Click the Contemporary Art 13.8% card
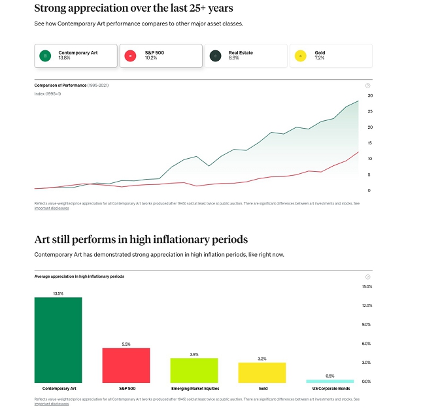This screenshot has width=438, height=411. click(x=75, y=56)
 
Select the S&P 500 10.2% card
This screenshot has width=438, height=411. click(x=161, y=56)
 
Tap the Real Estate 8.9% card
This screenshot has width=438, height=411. click(x=246, y=56)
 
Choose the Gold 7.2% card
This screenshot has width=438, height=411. click(x=331, y=56)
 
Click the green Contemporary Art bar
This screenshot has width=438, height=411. click(x=58, y=340)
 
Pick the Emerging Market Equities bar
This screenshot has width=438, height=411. click(x=194, y=370)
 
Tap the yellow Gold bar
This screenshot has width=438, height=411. click(x=262, y=372)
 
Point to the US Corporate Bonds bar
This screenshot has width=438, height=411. click(x=330, y=381)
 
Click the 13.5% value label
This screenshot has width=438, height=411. click(x=58, y=293)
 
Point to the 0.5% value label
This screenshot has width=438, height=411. click(x=330, y=376)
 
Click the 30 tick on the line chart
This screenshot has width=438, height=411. click(x=369, y=95)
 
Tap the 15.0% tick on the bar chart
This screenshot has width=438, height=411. click(x=367, y=287)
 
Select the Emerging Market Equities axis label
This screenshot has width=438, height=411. click(x=194, y=389)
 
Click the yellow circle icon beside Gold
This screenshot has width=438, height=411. click(x=301, y=56)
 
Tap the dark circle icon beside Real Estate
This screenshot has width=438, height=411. click(x=215, y=56)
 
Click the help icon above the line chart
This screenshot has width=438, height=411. click(x=368, y=86)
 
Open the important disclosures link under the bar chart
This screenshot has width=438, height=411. click(x=51, y=404)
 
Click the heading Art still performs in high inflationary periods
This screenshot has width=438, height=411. click(x=141, y=239)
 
